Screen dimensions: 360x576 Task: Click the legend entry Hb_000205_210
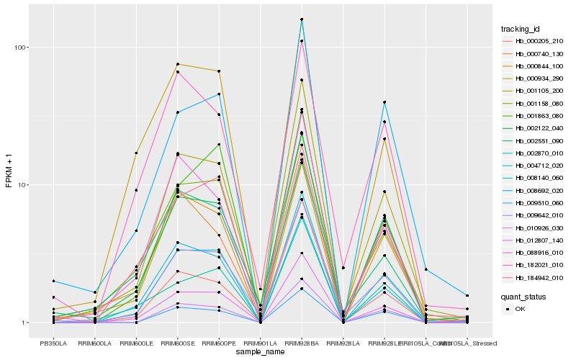[x=534, y=41]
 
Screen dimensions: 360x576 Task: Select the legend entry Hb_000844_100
[x=534, y=66]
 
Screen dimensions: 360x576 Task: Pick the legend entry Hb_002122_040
[x=534, y=128]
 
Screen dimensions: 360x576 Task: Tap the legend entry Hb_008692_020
[x=534, y=190]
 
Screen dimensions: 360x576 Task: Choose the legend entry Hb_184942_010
[x=534, y=277]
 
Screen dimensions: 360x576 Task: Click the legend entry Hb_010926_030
[x=534, y=228]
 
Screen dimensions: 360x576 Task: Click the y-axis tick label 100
[x=22, y=48]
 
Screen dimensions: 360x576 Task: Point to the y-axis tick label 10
[x=24, y=185]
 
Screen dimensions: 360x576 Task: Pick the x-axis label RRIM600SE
[x=177, y=343]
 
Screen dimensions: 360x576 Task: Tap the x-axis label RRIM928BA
[x=302, y=343]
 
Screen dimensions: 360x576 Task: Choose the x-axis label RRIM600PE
[x=219, y=343]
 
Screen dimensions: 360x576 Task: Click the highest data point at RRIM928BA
[x=302, y=19]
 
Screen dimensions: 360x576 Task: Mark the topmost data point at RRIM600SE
[x=177, y=64]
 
